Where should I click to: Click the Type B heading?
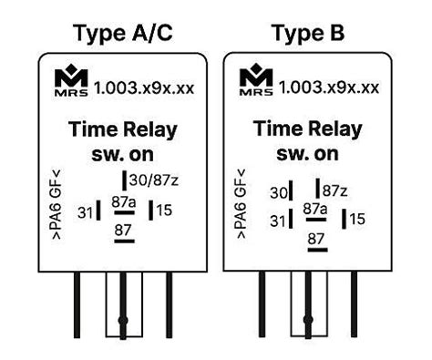tap(307, 33)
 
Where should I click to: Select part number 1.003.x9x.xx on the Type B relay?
tap(328, 88)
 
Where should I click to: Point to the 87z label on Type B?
tap(335, 190)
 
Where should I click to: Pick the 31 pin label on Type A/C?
tap(86, 212)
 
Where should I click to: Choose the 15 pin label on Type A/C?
tap(166, 211)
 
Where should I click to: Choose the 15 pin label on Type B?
tap(357, 219)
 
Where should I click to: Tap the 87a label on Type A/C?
tap(123, 201)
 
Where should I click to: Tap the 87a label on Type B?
tap(314, 209)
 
